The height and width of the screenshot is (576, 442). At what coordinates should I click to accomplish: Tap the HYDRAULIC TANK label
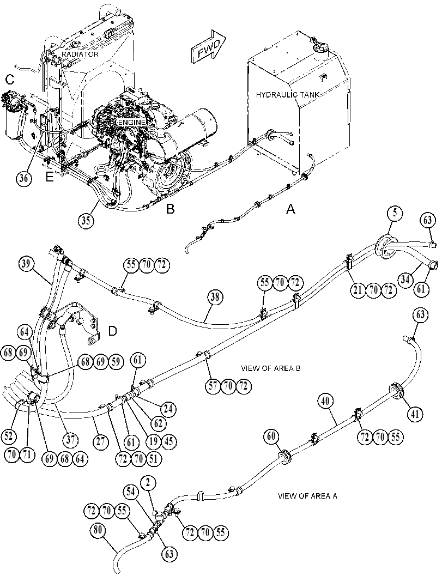pos(287,95)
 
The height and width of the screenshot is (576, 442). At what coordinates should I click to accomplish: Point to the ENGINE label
pos(132,122)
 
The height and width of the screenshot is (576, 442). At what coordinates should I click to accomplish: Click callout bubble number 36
pos(24,178)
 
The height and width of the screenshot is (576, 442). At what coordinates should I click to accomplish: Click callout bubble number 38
pos(215,297)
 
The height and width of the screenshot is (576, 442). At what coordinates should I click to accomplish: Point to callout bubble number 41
pos(415,414)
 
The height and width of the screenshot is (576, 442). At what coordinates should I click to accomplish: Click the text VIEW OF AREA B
pos(270,368)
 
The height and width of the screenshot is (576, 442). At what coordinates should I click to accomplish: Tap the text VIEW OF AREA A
pos(307,496)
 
